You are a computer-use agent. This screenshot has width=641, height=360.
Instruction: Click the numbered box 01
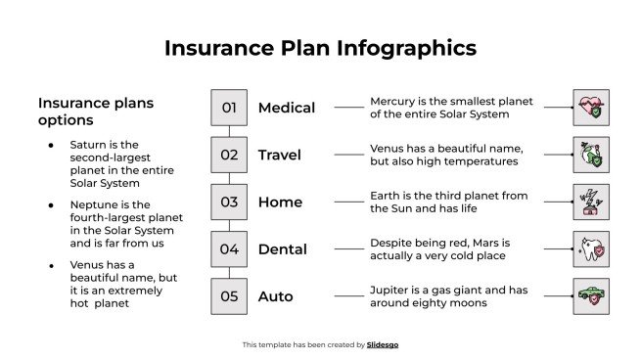pos(229,108)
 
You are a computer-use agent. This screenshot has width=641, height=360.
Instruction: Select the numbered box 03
pos(229,202)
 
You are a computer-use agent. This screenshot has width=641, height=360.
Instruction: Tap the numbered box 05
pos(229,295)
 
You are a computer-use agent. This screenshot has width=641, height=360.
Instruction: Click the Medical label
pos(286,108)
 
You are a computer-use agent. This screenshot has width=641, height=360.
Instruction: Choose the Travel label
pos(280,155)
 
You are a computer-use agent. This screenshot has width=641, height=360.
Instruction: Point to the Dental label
pos(282,248)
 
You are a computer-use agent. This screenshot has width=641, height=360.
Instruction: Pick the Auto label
pos(275,295)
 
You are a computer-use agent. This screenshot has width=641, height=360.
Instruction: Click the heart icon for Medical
pos(590,108)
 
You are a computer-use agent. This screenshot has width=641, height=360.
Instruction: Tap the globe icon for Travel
pos(590,155)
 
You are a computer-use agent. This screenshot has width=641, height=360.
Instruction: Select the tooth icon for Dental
pos(590,248)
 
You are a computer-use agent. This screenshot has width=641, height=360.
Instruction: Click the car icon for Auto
pos(590,295)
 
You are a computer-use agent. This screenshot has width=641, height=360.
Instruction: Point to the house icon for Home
pos(590,202)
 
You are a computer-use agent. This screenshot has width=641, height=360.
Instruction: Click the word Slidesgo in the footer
pos(383,344)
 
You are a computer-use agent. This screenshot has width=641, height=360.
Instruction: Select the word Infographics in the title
pos(406,48)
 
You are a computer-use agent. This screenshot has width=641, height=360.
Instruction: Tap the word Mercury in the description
pos(392,101)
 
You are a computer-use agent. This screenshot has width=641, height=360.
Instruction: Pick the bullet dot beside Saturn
pos(51,145)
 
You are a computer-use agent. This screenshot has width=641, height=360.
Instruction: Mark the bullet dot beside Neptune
pos(51,204)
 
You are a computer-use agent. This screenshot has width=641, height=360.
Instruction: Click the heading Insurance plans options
pos(95,111)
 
